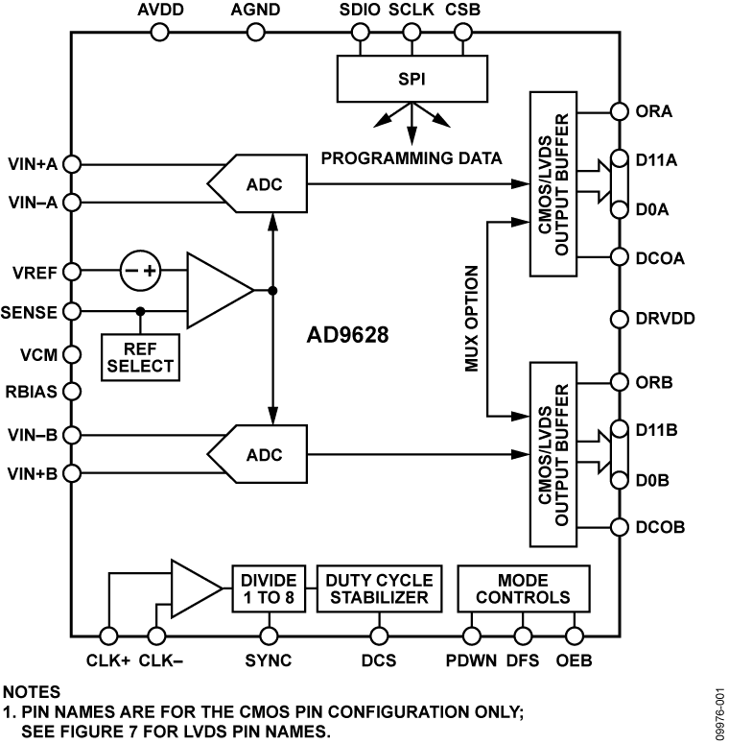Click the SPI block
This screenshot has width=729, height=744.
click(412, 78)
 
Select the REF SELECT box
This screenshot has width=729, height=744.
click(140, 356)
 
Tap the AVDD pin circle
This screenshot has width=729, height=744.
click(160, 33)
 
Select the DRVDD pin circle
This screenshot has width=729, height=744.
click(617, 319)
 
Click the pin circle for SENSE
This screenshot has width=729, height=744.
click(71, 312)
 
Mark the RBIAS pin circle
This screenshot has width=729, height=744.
click(71, 392)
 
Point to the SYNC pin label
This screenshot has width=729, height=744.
click(269, 660)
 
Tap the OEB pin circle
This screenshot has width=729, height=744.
click(576, 635)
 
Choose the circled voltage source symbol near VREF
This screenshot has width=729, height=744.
click(141, 272)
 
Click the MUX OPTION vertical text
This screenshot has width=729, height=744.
click(473, 318)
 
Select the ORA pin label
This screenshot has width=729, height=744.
click(654, 110)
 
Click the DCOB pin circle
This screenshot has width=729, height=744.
click(617, 527)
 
